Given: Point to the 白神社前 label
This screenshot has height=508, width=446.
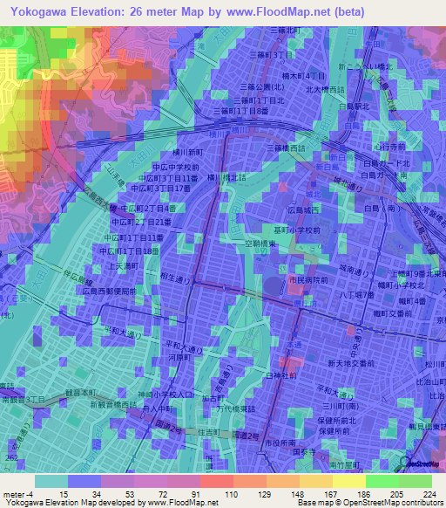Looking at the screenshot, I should pos(279,374).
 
